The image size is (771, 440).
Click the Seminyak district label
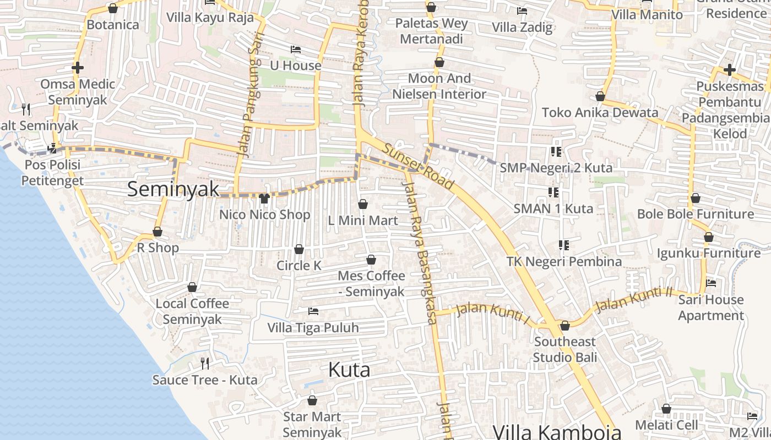click(x=173, y=189)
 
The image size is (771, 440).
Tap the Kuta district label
click(x=349, y=370)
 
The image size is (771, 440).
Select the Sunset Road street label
click(x=419, y=166)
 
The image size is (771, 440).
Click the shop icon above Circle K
click(x=299, y=250)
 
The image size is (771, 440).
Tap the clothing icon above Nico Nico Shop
click(x=264, y=198)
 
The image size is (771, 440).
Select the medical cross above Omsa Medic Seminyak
click(x=78, y=68)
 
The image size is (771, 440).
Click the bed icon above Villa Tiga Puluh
click(x=313, y=311)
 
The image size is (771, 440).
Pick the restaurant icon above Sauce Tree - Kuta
click(x=205, y=363)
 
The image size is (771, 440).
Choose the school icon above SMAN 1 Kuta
click(x=553, y=192)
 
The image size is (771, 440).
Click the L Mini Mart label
click(x=363, y=221)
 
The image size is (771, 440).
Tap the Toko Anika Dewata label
click(x=600, y=113)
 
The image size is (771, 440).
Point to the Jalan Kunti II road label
click(x=634, y=299)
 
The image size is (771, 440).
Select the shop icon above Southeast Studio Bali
click(x=564, y=326)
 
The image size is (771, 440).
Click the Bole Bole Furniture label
click(x=695, y=214)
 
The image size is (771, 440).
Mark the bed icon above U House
click(x=296, y=50)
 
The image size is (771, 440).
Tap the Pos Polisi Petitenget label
click(x=52, y=173)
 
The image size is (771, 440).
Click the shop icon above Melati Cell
click(x=666, y=409)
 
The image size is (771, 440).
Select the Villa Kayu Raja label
click(x=210, y=18)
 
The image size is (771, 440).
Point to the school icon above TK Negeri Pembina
click(x=563, y=245)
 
